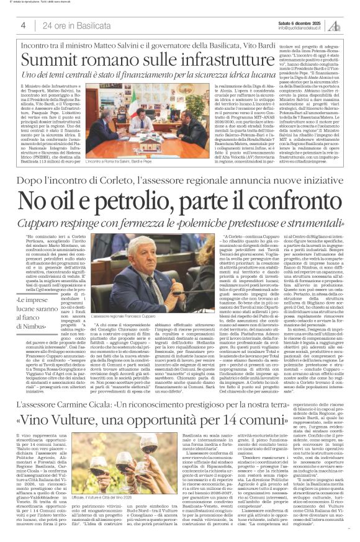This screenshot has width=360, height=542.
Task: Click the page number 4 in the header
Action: pos(23,25)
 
